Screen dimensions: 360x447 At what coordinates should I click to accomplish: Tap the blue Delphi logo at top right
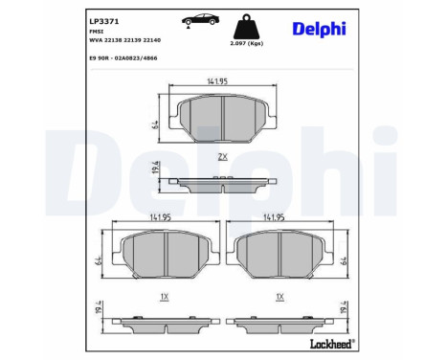coord(320,28)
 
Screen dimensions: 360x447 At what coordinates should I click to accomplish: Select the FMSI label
coord(96,32)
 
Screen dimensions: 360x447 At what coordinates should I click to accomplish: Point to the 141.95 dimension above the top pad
coord(222,81)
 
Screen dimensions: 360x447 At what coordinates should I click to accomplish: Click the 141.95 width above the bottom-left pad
coord(166,217)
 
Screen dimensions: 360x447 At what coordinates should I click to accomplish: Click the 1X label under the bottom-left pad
coord(166,297)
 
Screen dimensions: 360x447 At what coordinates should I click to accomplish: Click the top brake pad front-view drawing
coord(222,120)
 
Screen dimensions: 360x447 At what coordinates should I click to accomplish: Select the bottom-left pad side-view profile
coord(166,323)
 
